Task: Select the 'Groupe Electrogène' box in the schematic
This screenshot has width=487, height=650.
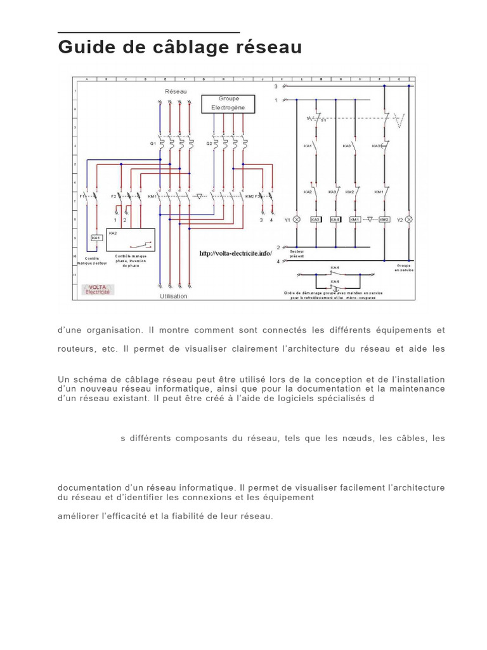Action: pyautogui.click(x=228, y=103)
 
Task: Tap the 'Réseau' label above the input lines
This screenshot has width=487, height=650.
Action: pyautogui.click(x=176, y=91)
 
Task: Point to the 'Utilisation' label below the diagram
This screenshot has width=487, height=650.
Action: pyautogui.click(x=173, y=296)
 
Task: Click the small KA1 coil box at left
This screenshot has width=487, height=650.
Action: pyautogui.click(x=96, y=238)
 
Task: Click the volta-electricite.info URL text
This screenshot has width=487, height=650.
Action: pyautogui.click(x=235, y=253)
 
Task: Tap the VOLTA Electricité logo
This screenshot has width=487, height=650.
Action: pyautogui.click(x=98, y=289)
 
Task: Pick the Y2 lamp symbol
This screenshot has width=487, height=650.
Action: pyautogui.click(x=408, y=220)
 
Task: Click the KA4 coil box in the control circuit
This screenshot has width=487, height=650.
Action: pyautogui.click(x=335, y=220)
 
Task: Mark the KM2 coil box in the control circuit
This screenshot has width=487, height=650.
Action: pyautogui.click(x=384, y=220)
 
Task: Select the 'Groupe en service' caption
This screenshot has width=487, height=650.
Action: pyautogui.click(x=403, y=268)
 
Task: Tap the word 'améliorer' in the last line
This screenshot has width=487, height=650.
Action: pyautogui.click(x=80, y=516)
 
